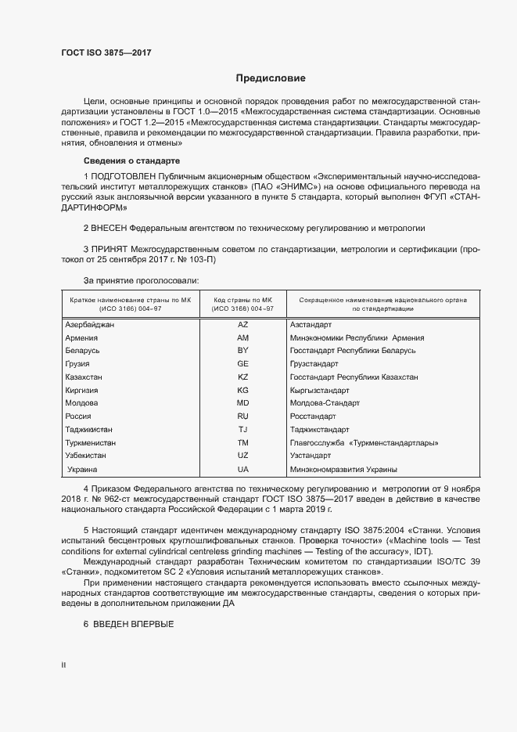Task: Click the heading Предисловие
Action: point(271,79)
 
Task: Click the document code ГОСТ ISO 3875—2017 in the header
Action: point(106,52)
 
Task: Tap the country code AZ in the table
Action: point(242,324)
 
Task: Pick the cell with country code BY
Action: point(242,351)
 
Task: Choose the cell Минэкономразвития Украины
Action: point(343,470)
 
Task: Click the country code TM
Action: point(242,443)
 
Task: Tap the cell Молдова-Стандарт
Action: point(325,403)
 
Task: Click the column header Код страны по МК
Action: point(243,300)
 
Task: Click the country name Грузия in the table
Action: point(78,364)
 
